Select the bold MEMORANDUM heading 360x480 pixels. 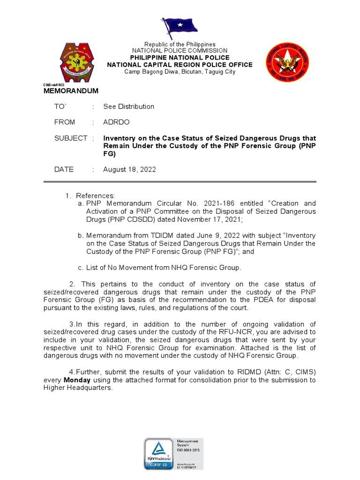click(71, 90)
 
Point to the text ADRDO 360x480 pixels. click(117, 122)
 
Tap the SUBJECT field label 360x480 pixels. click(71, 138)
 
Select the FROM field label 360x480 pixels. click(65, 122)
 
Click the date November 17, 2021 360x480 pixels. click(212, 219)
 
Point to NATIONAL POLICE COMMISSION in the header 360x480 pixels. click(180, 51)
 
